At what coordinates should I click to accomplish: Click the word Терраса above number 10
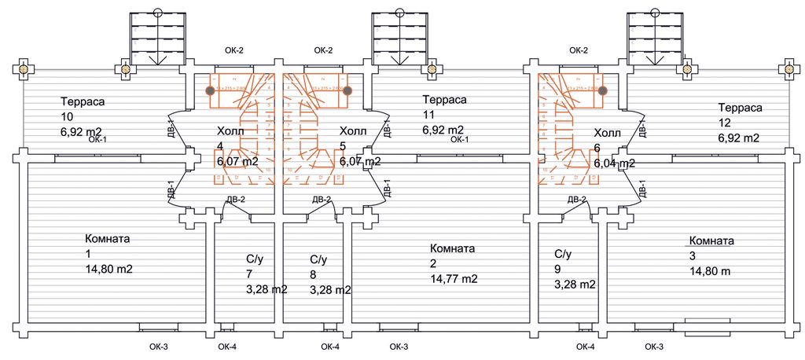coord(83,101)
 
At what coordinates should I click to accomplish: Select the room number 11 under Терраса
coord(428,115)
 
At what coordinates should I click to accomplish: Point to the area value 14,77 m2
coord(454,278)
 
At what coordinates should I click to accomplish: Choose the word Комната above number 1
coord(107,238)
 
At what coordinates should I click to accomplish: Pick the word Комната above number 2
coord(453,248)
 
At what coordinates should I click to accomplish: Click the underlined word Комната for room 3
coord(711,241)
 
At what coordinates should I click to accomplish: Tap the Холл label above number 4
coord(230,131)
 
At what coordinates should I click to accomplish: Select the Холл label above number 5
coord(353,131)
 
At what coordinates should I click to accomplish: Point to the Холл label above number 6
coord(608,133)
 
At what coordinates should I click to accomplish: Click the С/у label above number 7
coord(254,259)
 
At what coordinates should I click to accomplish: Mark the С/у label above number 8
coord(318,259)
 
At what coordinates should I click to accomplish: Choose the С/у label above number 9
coord(562,254)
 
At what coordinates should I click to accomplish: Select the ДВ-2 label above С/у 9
coord(577,200)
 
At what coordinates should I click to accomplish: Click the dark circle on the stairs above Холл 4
coord(211,90)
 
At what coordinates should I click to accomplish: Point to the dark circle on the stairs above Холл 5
coord(347,90)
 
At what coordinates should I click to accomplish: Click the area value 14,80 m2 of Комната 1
coord(108,269)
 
